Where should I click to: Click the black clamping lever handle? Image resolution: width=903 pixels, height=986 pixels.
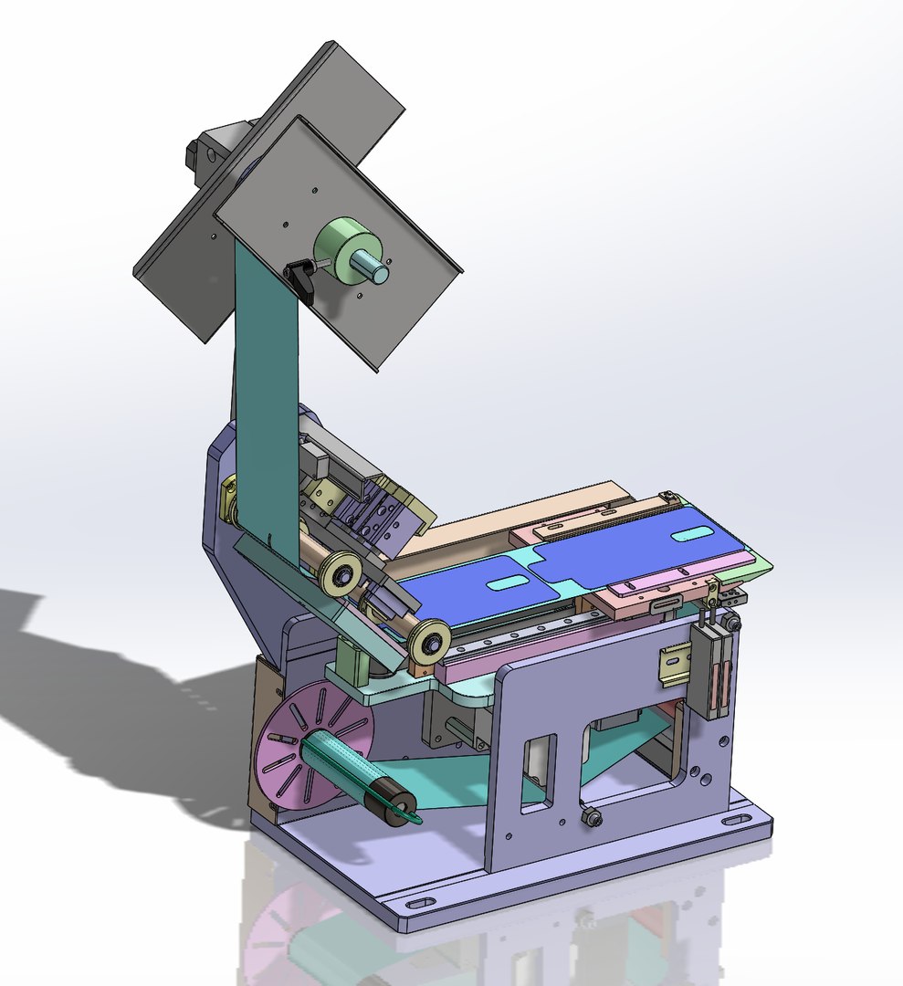[x=300, y=279]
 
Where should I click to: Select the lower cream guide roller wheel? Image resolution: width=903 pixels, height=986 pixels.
[x=428, y=642]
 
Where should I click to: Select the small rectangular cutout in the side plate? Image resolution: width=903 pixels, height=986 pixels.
[x=538, y=771]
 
